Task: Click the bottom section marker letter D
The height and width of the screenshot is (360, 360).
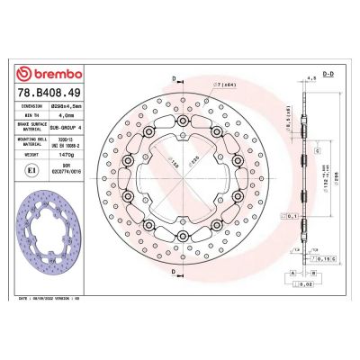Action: (171, 288)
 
